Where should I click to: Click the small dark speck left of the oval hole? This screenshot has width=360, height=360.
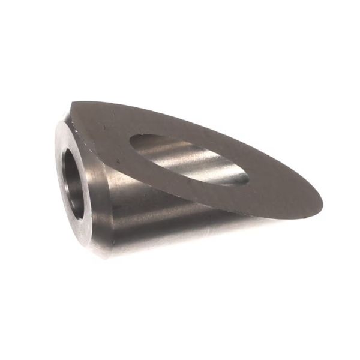(x=119, y=161)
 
